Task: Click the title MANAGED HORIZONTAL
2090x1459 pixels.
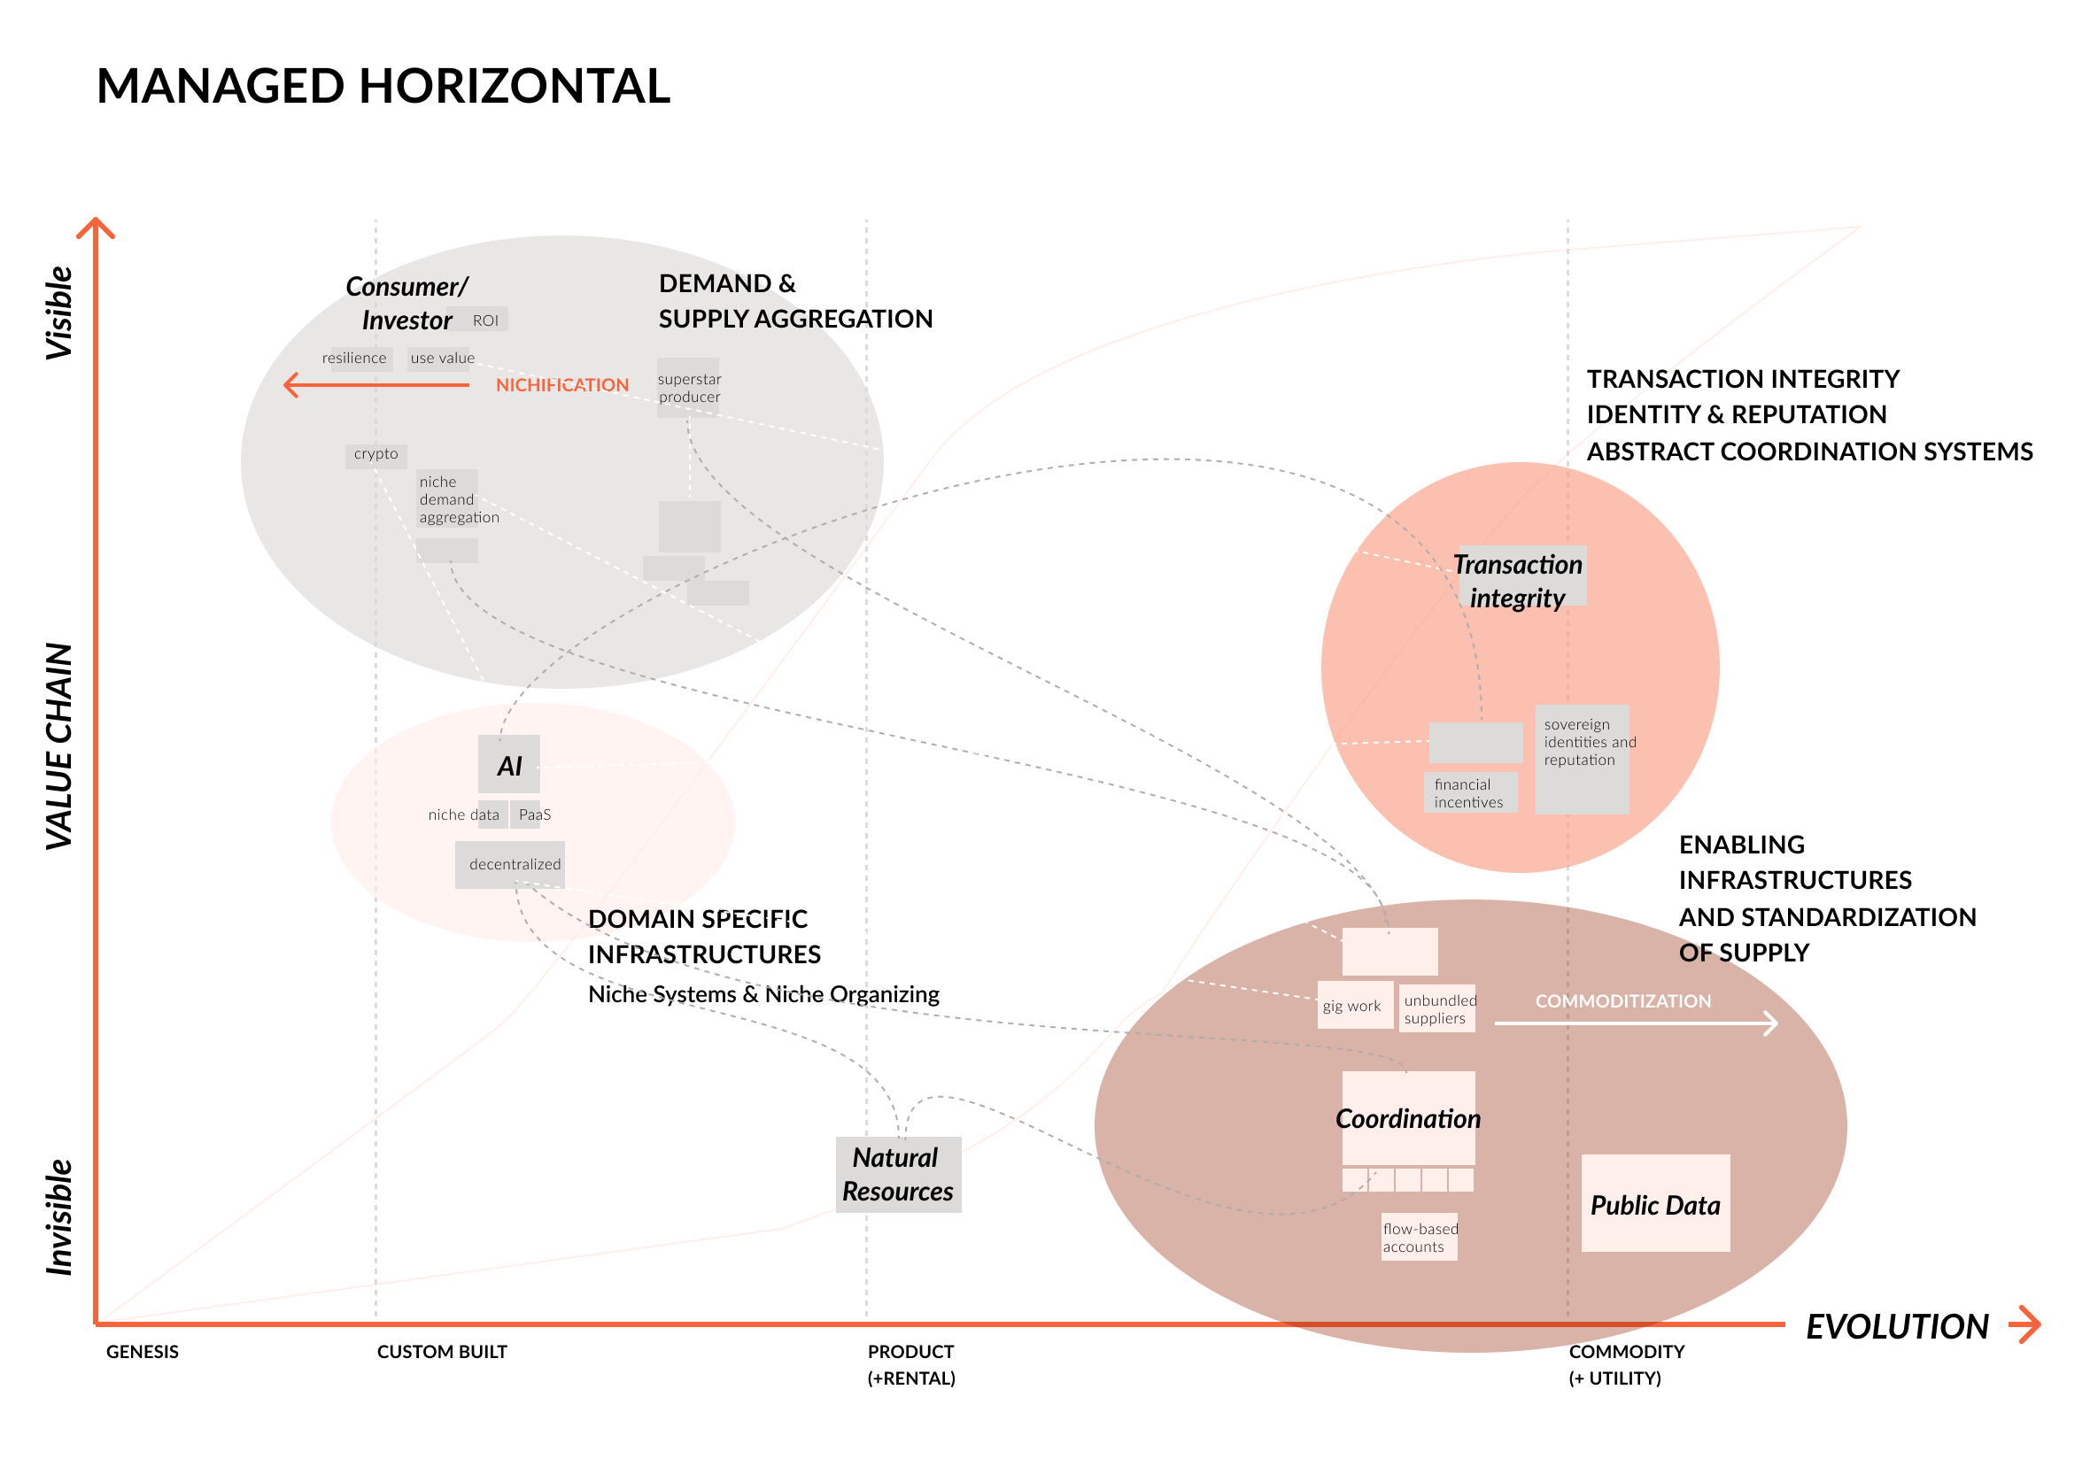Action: tap(383, 87)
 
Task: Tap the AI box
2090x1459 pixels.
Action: tap(509, 765)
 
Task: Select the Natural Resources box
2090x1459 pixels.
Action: tap(897, 1174)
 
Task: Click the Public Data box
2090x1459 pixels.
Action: tap(1655, 1203)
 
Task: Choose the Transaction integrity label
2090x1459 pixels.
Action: tap(1517, 580)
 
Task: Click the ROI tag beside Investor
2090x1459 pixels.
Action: tap(485, 320)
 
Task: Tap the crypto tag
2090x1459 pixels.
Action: tap(376, 454)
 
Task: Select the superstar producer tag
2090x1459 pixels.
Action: tap(689, 388)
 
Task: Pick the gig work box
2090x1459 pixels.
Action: tap(1351, 1006)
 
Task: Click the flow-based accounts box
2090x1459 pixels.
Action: tap(1419, 1237)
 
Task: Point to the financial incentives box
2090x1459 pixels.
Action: tap(1468, 792)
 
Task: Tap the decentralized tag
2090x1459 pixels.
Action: tap(515, 864)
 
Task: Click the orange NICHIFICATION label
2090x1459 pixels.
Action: tap(561, 385)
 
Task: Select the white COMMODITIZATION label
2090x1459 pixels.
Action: tap(1623, 1001)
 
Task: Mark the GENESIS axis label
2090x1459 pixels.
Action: tap(142, 1352)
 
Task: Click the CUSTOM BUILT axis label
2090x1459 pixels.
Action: tap(442, 1352)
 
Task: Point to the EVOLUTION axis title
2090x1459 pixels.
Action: tap(1897, 1326)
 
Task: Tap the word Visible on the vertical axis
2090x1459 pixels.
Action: tap(59, 313)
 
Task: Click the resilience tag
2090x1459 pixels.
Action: tap(354, 359)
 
